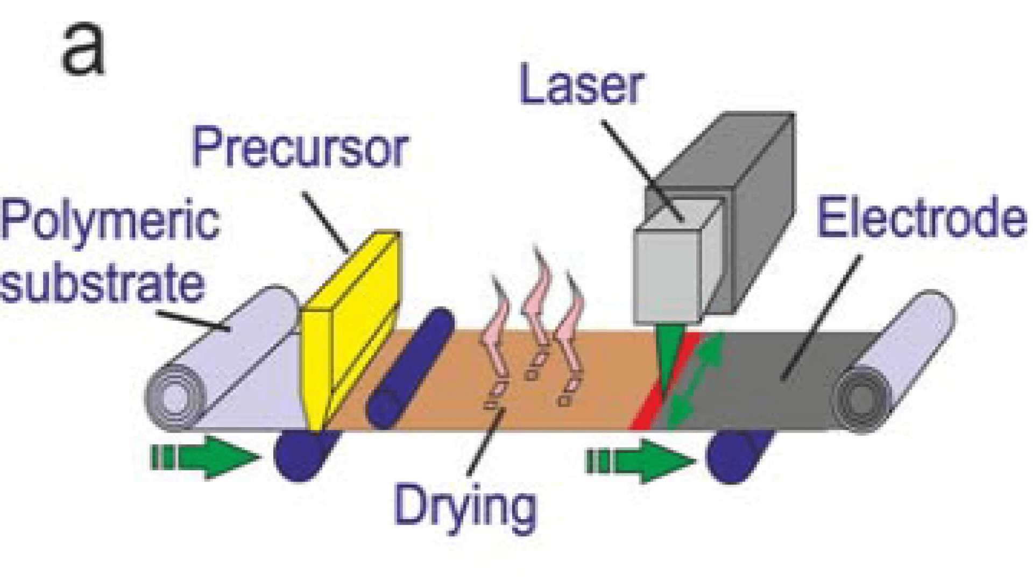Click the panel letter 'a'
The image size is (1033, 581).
click(83, 49)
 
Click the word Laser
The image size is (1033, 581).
click(582, 86)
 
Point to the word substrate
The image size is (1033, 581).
click(102, 282)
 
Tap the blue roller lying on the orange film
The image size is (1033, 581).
click(409, 369)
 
